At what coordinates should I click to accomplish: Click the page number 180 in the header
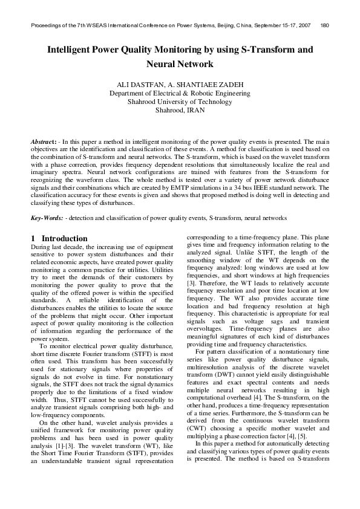pyautogui.click(x=324, y=25)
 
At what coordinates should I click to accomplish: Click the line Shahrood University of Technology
pyautogui.click(x=180, y=102)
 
